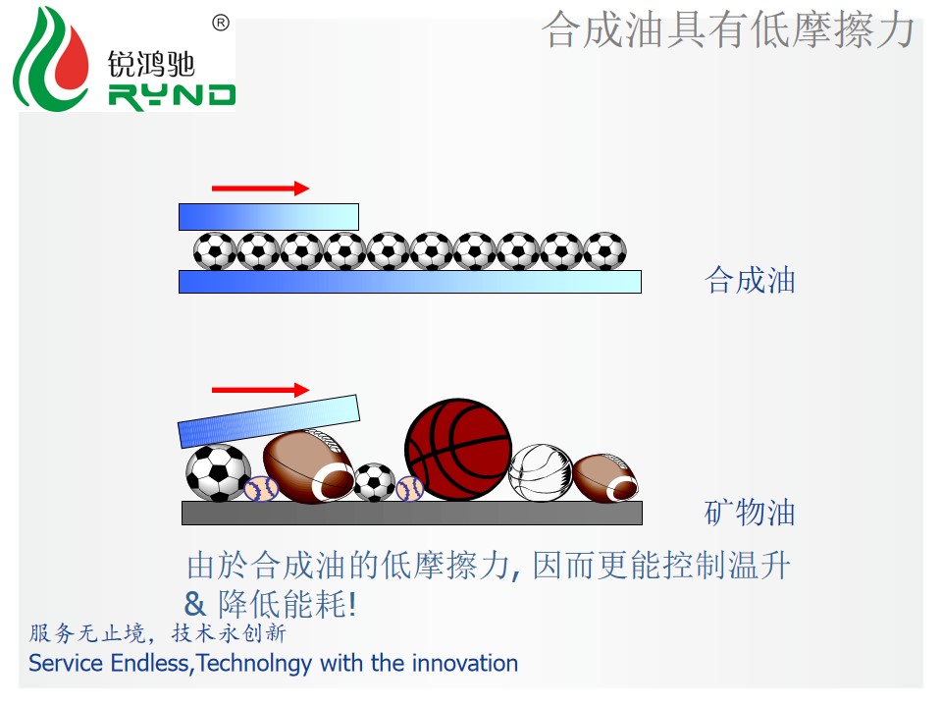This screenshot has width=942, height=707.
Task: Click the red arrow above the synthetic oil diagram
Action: click(261, 189)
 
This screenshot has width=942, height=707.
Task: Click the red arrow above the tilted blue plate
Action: click(261, 390)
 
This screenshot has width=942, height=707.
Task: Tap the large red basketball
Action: click(458, 449)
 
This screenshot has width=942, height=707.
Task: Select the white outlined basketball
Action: click(541, 472)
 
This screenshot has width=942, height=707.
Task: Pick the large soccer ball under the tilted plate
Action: click(218, 472)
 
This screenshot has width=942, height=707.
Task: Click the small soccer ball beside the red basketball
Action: click(374, 482)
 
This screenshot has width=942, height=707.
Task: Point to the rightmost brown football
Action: click(605, 478)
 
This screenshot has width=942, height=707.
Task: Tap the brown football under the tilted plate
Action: click(309, 466)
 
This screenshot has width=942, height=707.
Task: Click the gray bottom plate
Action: click(412, 513)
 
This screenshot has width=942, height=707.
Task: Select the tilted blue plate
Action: click(269, 421)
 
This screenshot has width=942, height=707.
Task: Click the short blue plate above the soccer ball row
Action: click(269, 217)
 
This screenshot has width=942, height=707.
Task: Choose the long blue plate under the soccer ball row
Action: click(410, 282)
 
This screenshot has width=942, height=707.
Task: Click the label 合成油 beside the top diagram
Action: click(750, 281)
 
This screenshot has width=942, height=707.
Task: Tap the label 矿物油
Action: click(750, 513)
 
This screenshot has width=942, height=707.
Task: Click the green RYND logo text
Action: click(172, 96)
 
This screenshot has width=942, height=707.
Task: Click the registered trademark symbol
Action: click(221, 24)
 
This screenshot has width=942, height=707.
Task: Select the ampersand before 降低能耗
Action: click(194, 604)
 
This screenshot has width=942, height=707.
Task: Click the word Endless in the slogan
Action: click(150, 663)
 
